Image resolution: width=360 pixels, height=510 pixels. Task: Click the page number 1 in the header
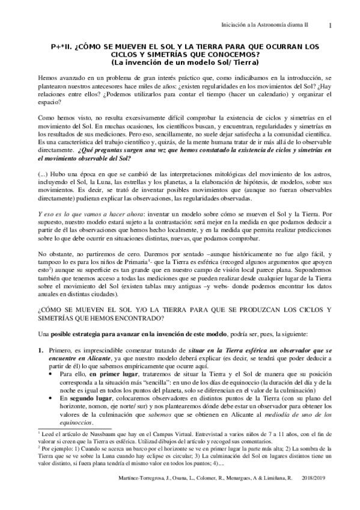(331, 25)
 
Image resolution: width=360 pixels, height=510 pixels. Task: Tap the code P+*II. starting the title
(63, 46)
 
